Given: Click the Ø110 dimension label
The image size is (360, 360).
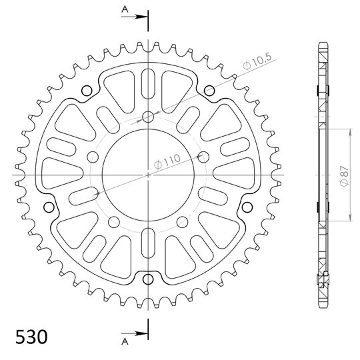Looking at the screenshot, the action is click(167, 162).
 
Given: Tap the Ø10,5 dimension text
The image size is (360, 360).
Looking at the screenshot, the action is click(257, 61).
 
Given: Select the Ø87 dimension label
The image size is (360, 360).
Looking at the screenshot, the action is click(344, 176).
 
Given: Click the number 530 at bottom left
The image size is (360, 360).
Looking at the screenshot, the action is click(31, 337).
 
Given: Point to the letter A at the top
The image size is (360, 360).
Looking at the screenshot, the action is click(125, 9).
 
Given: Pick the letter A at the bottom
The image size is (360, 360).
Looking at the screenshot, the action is click(125, 341).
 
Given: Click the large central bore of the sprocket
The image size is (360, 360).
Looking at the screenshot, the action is click(148, 175).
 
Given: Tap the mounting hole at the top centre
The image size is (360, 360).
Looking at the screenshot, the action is click(148, 117).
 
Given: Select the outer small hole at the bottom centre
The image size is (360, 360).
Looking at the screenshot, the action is click(148, 279).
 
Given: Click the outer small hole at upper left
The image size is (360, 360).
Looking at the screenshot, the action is click(87, 91).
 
